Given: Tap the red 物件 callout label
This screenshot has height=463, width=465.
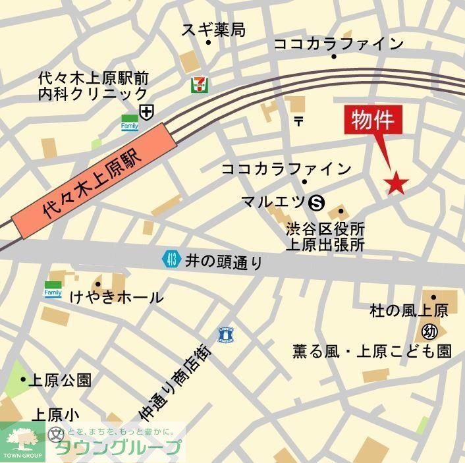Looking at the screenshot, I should coord(373,121).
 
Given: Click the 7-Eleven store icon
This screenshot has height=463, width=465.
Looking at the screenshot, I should coord(197,84).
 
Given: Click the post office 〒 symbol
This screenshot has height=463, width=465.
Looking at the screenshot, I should coord(298,121).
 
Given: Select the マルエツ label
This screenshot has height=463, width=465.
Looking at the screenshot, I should coord(273,202).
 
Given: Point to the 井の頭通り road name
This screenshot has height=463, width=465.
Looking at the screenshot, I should coord(224,261).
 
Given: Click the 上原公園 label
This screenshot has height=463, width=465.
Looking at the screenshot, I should coord(61,380).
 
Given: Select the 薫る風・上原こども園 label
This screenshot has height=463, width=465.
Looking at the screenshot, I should coord(372,351).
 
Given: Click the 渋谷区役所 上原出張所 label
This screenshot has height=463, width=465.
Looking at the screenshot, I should coord(325,237).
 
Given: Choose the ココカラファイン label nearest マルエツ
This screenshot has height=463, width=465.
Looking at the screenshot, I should coord(287,169).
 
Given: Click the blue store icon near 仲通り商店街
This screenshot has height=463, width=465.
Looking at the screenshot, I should coord(227,335).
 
